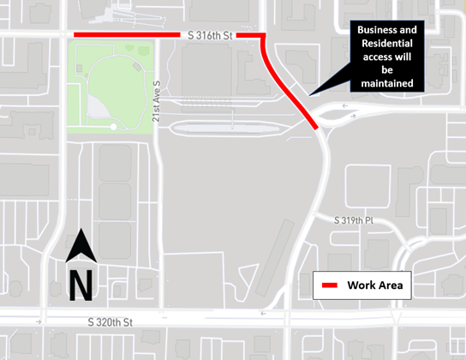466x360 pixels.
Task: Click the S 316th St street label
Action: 209,35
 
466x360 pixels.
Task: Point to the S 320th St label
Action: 111,323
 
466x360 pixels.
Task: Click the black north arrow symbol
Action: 81,248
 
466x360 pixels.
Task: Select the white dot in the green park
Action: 114,127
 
